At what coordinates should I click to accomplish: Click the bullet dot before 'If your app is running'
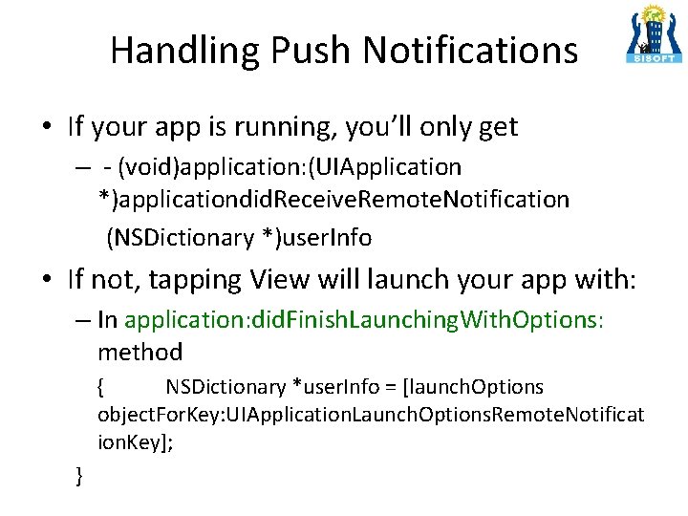point(47,127)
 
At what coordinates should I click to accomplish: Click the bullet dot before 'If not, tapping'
point(47,279)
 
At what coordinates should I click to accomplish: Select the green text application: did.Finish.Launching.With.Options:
point(364,319)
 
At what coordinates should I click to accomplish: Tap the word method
point(140,352)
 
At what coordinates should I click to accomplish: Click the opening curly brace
point(101,387)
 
